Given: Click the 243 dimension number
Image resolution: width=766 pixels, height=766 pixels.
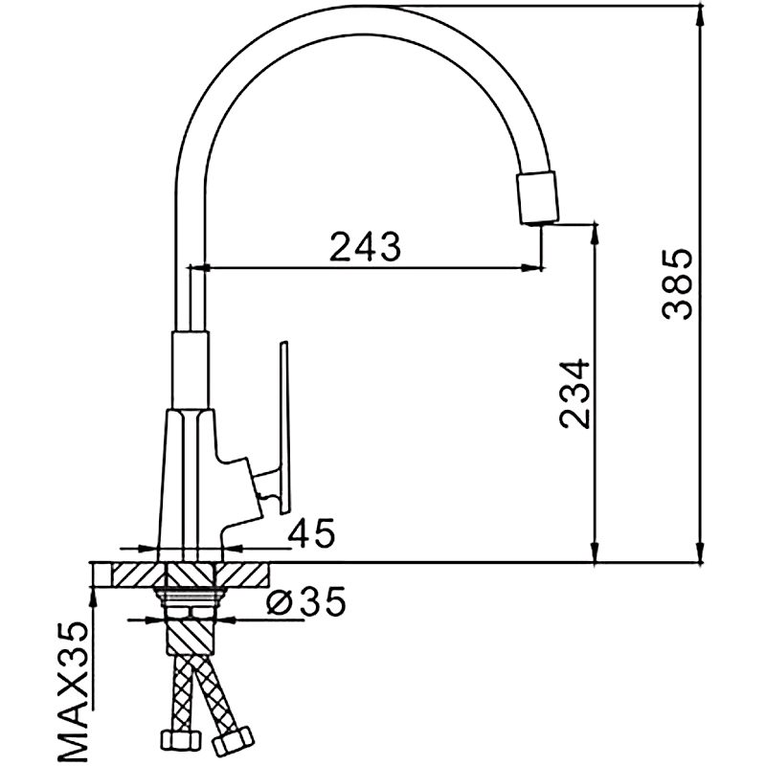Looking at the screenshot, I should tap(365, 247).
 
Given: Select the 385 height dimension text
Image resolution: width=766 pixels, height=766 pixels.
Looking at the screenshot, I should tap(677, 284).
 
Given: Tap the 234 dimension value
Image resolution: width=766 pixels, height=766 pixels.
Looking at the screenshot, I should tap(572, 394).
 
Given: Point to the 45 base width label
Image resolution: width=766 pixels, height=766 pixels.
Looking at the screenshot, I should tap(311, 533).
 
